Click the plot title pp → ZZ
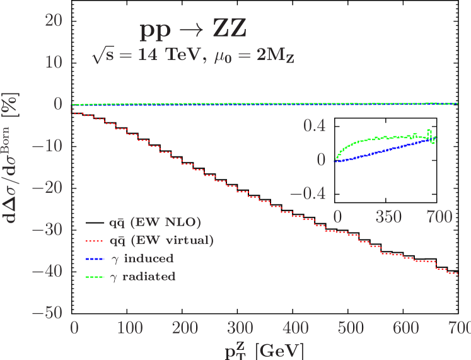point(193,30)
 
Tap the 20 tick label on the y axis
point(53,20)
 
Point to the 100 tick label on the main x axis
point(129,328)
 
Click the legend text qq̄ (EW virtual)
point(161,240)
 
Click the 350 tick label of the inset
point(388,218)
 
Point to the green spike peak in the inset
point(429,131)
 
